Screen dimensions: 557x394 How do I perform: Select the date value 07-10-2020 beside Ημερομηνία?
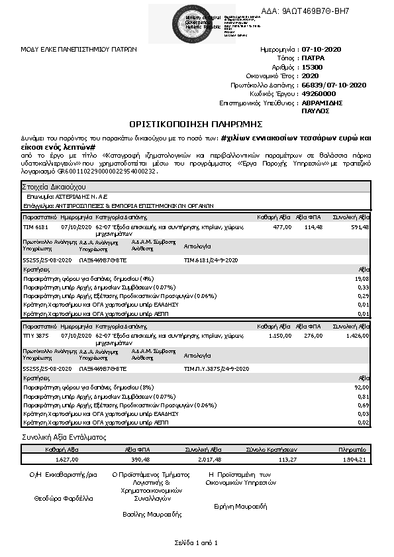[320, 50]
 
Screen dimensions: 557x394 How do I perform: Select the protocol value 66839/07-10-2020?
[333, 85]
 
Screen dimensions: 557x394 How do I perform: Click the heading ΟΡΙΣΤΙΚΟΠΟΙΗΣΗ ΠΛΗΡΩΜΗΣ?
[196, 124]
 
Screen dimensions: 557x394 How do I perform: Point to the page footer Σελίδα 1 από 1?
[196, 543]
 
